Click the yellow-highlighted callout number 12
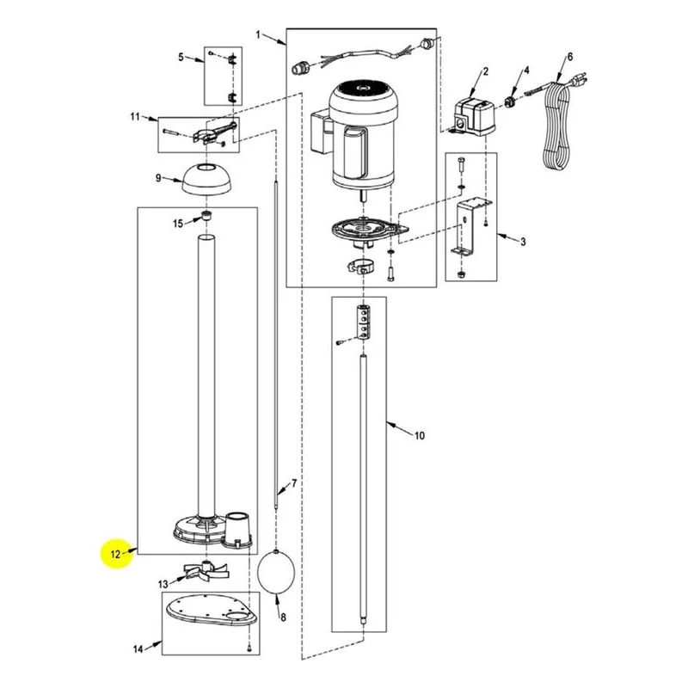115,554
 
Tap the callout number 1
259,34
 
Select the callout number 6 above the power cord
570,57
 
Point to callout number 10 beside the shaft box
420,435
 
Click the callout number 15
178,224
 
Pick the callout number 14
138,649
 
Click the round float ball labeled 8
275,571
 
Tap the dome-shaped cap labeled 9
206,179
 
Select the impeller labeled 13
206,570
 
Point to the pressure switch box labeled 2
475,115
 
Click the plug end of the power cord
578,81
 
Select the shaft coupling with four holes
363,322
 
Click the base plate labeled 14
211,610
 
